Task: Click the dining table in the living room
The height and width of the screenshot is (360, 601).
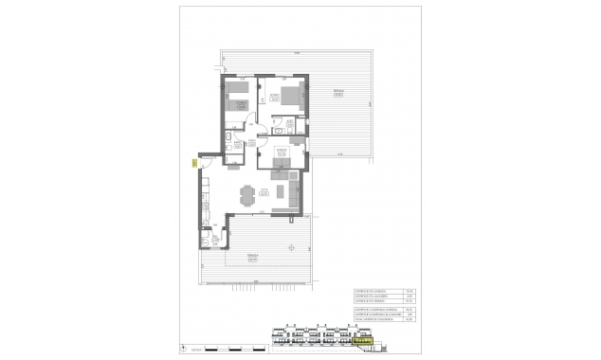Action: click(x=249, y=196)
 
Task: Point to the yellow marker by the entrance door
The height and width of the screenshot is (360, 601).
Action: click(x=193, y=163)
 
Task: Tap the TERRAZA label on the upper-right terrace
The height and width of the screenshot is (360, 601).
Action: click(x=337, y=92)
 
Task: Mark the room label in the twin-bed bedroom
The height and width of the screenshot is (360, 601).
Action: click(x=241, y=103)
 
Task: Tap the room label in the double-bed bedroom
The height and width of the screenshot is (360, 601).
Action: click(x=273, y=97)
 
